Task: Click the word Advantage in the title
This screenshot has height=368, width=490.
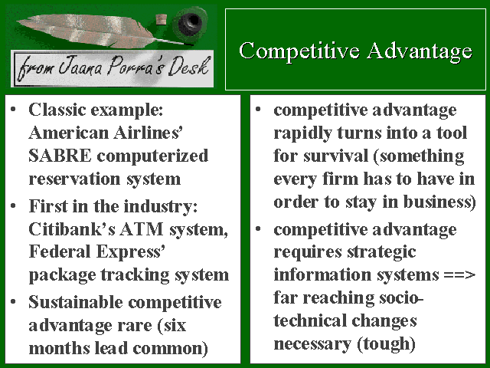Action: (x=419, y=51)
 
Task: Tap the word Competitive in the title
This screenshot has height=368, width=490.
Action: (x=299, y=51)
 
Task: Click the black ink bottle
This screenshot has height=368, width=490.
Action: (x=190, y=22)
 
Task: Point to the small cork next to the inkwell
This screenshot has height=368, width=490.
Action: (x=161, y=20)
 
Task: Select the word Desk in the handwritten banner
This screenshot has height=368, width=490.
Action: (x=188, y=67)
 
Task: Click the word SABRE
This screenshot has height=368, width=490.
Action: (x=60, y=156)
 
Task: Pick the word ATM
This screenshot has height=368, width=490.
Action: (x=142, y=229)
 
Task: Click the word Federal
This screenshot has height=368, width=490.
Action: (x=60, y=251)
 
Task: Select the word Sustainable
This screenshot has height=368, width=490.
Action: (x=76, y=302)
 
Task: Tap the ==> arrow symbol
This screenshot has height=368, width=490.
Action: (x=459, y=274)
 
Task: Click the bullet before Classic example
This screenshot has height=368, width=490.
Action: (x=13, y=109)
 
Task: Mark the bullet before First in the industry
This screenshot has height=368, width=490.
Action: (x=13, y=205)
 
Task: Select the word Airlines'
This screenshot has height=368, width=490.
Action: (x=148, y=133)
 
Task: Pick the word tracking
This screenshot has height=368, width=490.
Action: (x=135, y=275)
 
